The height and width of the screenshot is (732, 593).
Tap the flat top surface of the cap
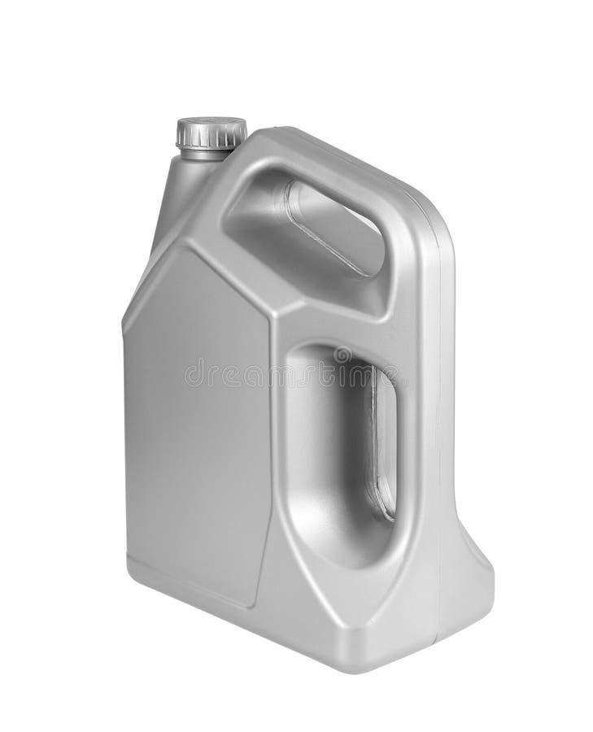coord(211,126)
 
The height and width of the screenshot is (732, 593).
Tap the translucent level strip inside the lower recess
coord(382,443)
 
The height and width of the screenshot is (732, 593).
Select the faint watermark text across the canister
coord(293,374)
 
